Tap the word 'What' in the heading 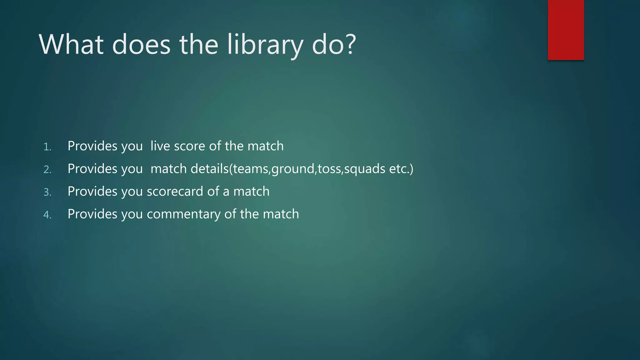[71, 44]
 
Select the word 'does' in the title [141, 44]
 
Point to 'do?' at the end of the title [334, 44]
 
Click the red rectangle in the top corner [566, 30]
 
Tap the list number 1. [47, 147]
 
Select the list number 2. [47, 170]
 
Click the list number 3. [47, 192]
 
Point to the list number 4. [47, 215]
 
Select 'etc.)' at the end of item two [401, 169]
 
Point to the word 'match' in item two [169, 169]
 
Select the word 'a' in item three [226, 192]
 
